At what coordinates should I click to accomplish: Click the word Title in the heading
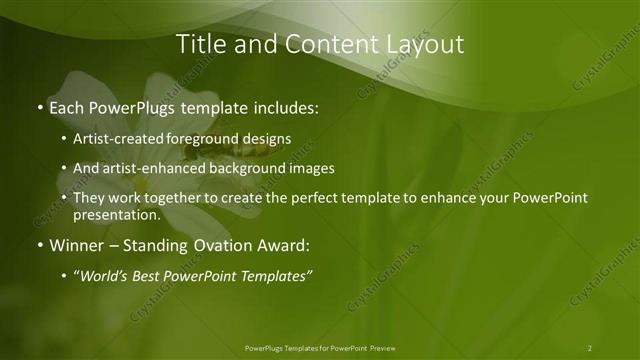coord(198,44)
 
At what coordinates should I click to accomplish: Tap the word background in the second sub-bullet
coord(263,168)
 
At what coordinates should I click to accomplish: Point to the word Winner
coord(77,244)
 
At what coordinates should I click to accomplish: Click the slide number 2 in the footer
coord(589,347)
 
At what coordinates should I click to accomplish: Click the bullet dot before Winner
coord(40,244)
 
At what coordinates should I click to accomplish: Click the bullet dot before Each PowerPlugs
coord(40,106)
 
